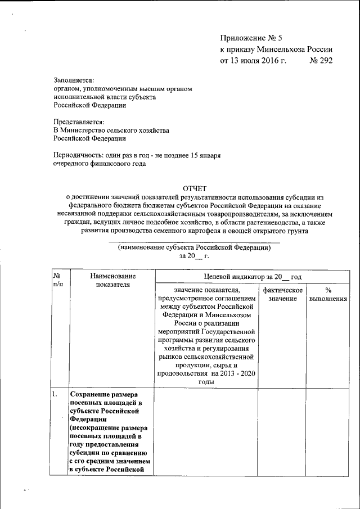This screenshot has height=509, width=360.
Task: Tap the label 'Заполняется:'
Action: click(74, 81)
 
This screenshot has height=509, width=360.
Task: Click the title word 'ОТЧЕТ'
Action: click(194, 188)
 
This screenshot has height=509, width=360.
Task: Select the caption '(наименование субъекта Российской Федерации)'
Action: click(194, 247)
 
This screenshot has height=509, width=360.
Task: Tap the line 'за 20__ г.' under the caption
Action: click(194, 256)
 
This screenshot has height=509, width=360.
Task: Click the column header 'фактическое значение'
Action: click(282, 294)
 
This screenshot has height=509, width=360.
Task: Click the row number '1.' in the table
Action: click(55, 394)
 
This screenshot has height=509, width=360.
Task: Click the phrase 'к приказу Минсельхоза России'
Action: click(276, 49)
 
